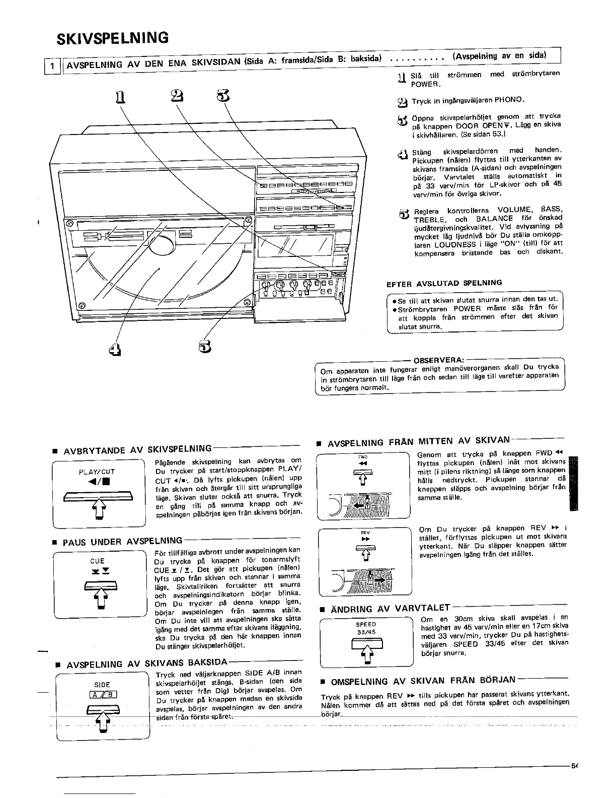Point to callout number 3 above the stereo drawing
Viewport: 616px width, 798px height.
[223, 94]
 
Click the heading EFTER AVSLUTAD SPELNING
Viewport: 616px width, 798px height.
[444, 283]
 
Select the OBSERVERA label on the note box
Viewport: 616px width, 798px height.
[438, 360]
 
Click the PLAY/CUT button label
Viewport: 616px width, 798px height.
[97, 472]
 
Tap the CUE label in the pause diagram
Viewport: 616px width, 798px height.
[97, 561]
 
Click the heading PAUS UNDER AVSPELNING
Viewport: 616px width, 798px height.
[122, 542]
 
